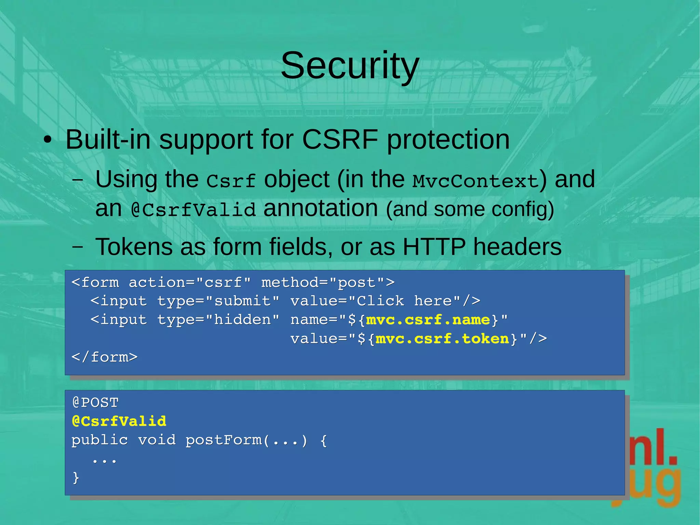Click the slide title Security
point(350,65)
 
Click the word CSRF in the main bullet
point(340,140)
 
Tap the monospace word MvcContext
point(475,181)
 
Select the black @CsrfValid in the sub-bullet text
point(193,210)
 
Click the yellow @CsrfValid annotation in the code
point(119,421)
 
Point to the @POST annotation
point(95,403)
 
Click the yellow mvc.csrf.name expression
point(428,320)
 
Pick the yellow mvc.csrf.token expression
point(442,339)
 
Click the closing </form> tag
point(105,357)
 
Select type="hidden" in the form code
point(218,320)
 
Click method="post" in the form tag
point(323,283)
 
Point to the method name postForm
point(224,440)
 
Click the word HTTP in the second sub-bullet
point(434,247)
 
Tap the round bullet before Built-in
point(48,140)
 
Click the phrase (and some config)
point(470,209)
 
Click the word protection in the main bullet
point(448,140)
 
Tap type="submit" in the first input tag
point(218,301)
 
